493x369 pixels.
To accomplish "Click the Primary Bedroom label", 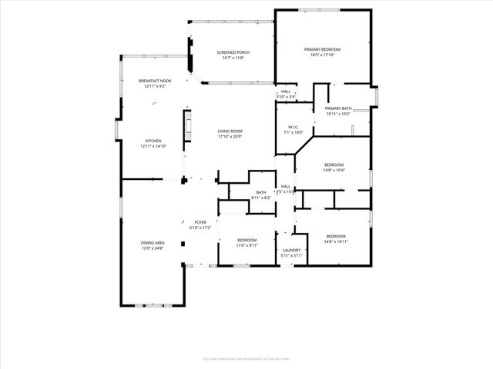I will (325, 49).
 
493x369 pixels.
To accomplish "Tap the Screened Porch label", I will (233, 52).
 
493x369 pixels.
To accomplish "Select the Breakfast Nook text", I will (155, 81).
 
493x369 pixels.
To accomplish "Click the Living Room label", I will (230, 131).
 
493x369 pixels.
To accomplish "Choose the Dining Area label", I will (153, 242).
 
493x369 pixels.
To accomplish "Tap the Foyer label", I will (200, 222).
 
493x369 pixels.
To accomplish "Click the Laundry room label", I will (291, 250).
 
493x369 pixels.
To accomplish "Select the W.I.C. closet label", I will (293, 127).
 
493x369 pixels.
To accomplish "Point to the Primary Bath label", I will (338, 108).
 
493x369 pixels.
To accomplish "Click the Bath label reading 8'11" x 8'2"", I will (261, 192).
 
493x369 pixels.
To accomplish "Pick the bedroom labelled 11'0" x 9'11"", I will (246, 240).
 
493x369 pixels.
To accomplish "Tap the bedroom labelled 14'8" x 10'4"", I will (334, 165).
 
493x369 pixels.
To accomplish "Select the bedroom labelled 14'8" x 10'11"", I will (336, 236).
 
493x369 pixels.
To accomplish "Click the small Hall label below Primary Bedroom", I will (286, 91).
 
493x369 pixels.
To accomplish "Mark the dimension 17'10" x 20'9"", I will (230, 137).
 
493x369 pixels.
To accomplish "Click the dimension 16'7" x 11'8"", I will (233, 58).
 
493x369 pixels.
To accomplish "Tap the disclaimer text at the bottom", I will (246, 358).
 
